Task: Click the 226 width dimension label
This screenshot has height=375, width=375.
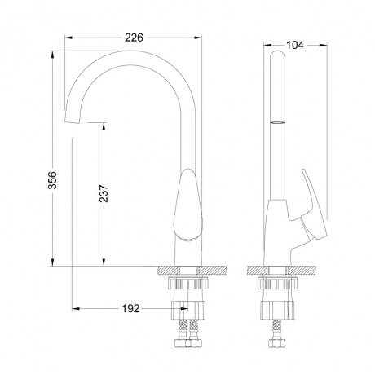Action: pos(134,37)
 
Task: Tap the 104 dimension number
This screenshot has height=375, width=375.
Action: pos(295,45)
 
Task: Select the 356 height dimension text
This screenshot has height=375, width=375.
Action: pos(52,180)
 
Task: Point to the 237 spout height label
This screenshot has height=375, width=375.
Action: pos(104,193)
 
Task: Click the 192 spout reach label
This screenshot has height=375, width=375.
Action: pos(130,309)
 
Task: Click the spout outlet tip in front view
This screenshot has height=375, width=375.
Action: pos(73,120)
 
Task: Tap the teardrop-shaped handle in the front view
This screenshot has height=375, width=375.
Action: pos(188,204)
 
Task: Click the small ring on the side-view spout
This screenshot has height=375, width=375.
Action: pos(277,123)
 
